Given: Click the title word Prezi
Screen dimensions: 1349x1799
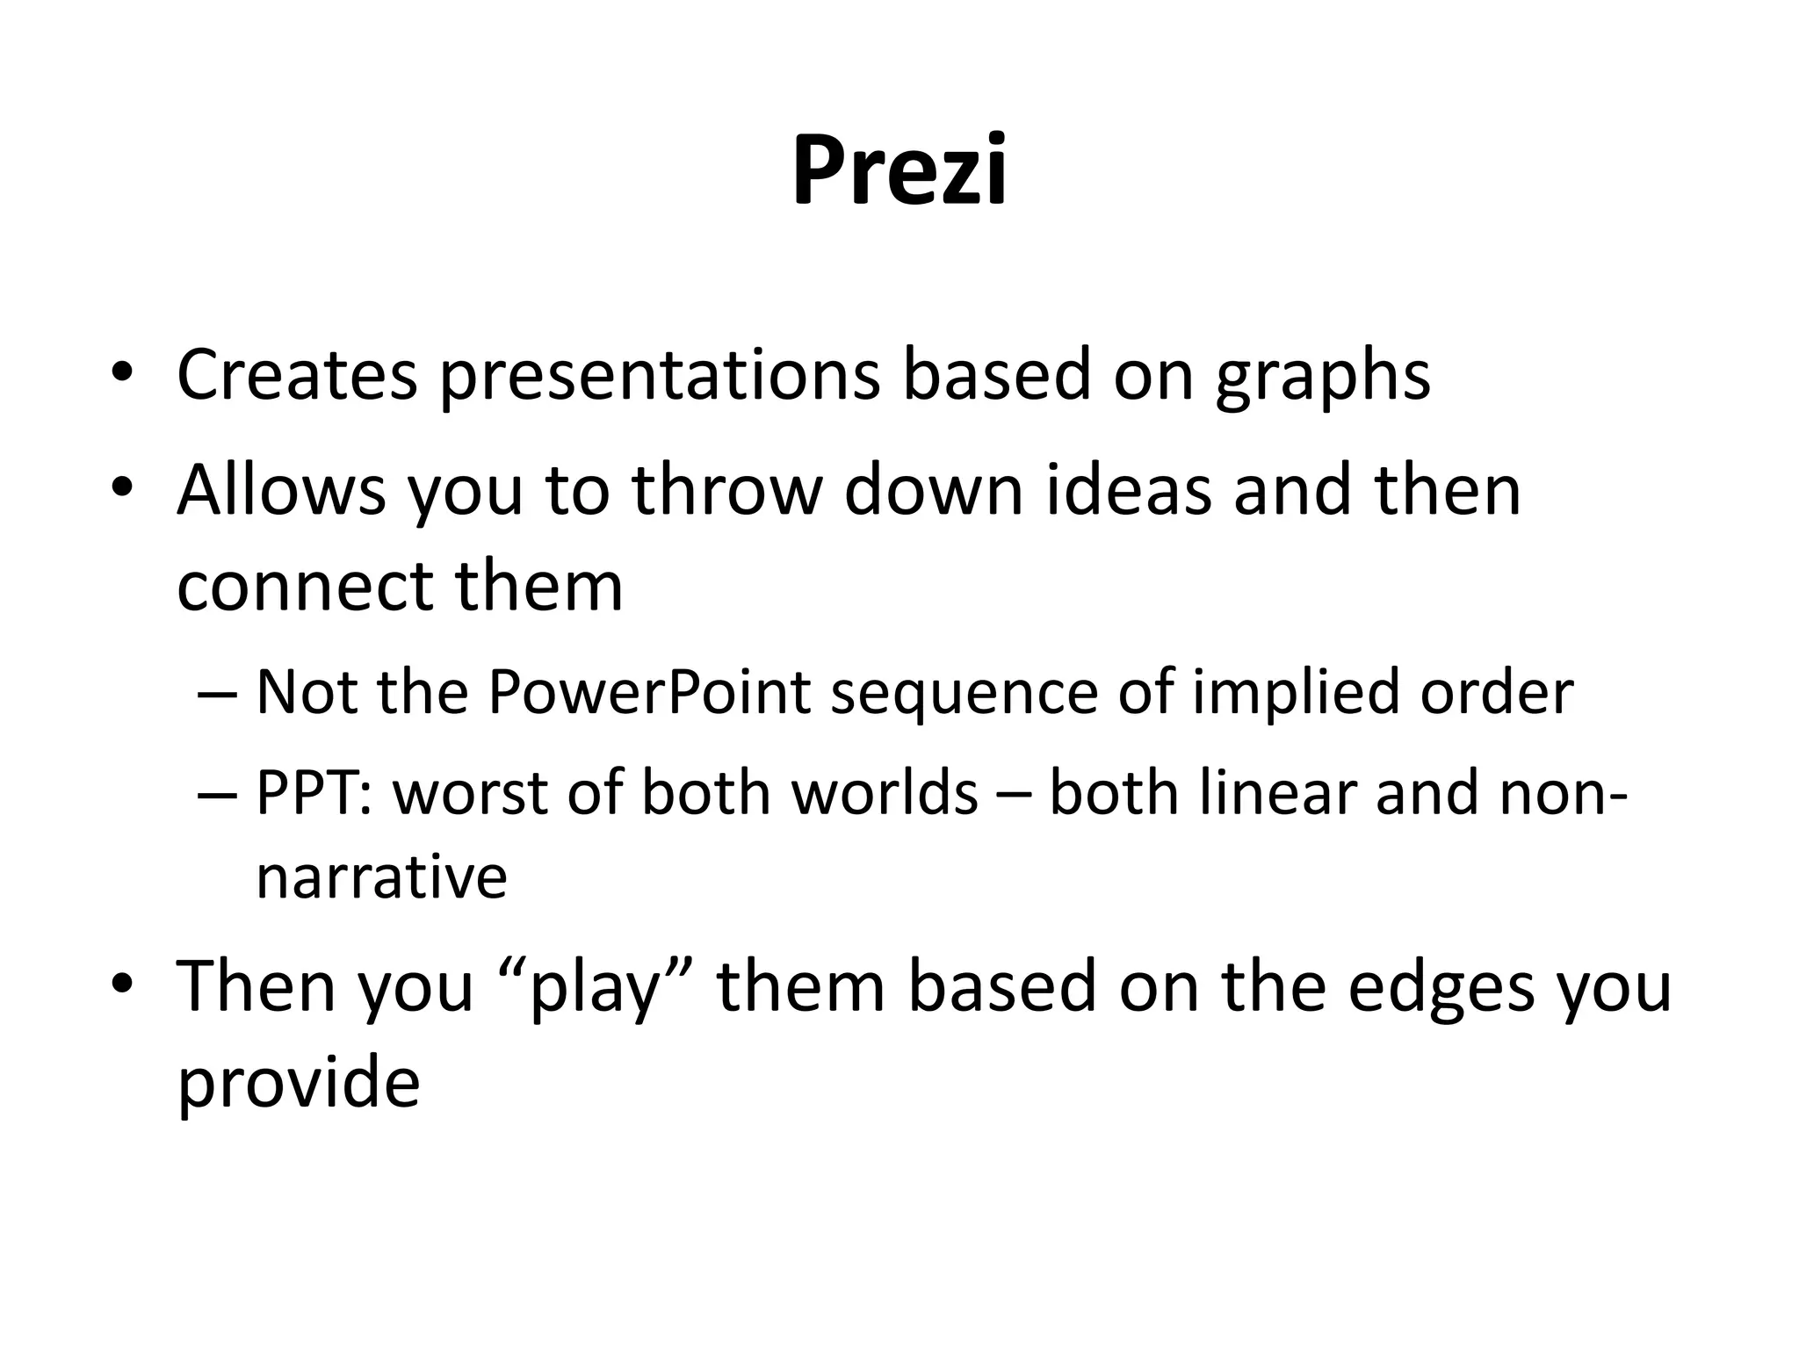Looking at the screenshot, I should click(899, 170).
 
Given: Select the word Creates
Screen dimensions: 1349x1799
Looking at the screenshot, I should click(297, 375).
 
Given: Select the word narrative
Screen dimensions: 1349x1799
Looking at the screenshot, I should click(381, 877).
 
